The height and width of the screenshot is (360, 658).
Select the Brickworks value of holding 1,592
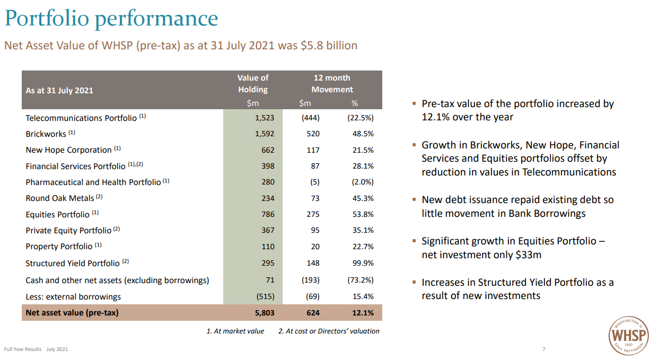(x=264, y=134)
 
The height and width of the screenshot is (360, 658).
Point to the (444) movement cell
(x=310, y=118)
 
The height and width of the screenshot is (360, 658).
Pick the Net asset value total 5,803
(x=264, y=313)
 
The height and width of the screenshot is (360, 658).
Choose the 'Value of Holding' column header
(x=253, y=84)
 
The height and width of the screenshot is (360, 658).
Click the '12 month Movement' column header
(x=332, y=84)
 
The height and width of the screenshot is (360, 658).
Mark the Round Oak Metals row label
(x=60, y=198)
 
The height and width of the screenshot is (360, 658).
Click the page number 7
(x=543, y=349)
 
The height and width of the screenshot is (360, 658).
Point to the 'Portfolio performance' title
(x=111, y=19)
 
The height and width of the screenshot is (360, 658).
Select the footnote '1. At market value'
(x=235, y=331)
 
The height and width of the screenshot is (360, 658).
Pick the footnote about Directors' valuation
(x=329, y=331)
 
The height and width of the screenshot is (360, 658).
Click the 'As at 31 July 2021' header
(x=59, y=91)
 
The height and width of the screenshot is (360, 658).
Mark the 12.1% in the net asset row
(x=363, y=313)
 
